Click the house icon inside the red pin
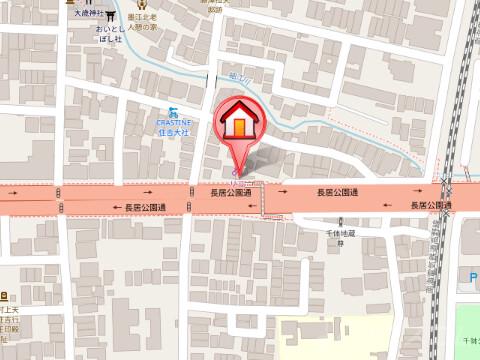[x=239, y=122]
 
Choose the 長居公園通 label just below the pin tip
[x=230, y=190]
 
